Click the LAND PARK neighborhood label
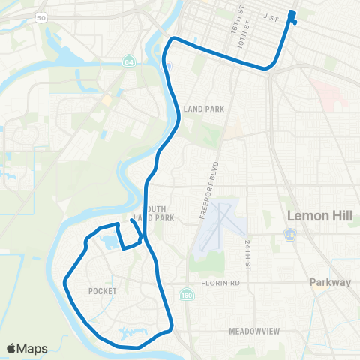199,109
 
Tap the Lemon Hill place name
318,216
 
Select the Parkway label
331,283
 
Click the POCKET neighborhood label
102,290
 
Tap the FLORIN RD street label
219,283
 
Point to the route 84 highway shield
130,61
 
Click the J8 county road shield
289,235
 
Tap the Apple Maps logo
27,348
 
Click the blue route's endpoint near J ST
292,15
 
